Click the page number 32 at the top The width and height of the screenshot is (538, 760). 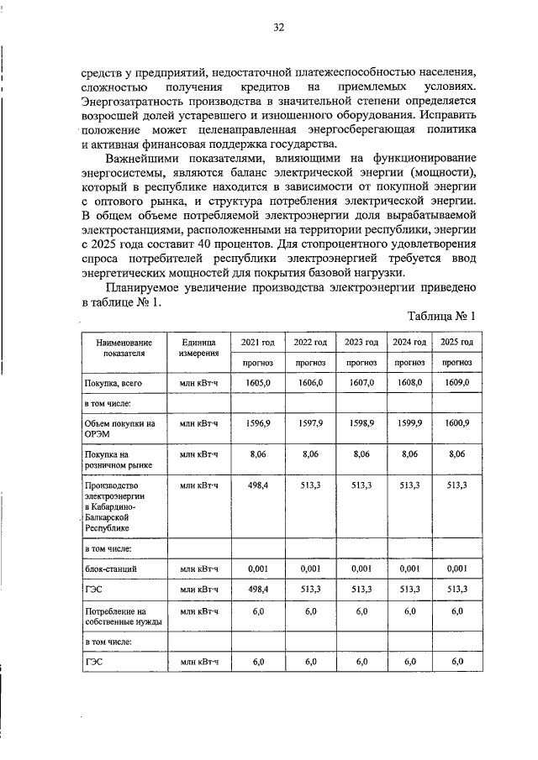tap(278, 27)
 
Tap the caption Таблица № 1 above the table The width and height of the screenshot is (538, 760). tap(442, 317)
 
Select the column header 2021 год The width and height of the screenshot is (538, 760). tap(258, 343)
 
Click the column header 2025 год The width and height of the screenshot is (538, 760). tap(456, 343)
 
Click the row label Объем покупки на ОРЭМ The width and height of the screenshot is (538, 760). tap(120, 429)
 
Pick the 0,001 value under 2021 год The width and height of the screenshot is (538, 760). tap(258, 569)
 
